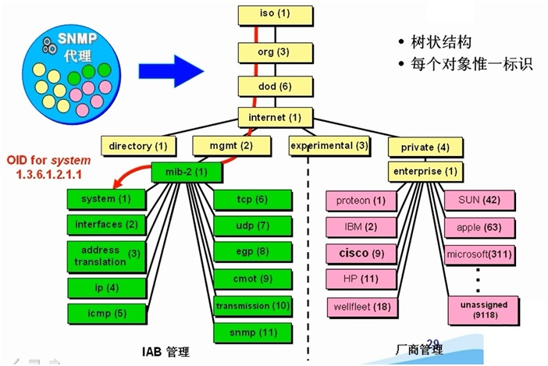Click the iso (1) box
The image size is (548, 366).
click(274, 14)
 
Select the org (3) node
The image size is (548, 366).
click(274, 52)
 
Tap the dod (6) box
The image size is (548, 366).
click(274, 86)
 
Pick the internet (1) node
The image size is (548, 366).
click(274, 118)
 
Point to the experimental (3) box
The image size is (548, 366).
click(329, 145)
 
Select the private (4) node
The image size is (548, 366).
click(425, 147)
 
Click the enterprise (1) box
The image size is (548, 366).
click(425, 172)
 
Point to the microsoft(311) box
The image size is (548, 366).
click(479, 254)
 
